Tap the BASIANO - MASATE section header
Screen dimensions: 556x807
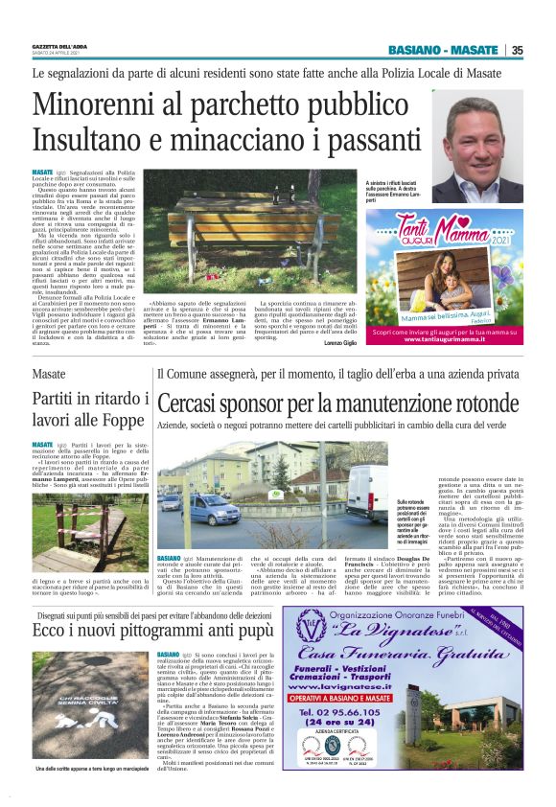pos(443,51)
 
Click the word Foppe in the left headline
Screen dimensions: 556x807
pos(118,419)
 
